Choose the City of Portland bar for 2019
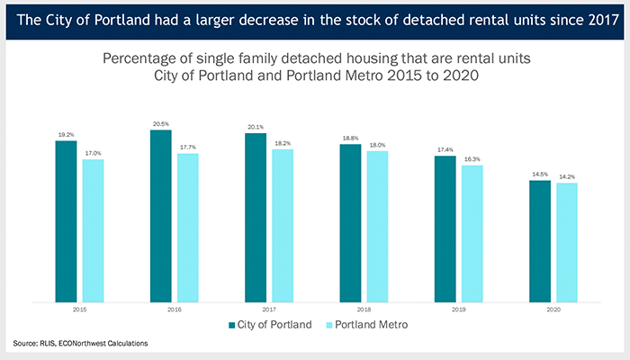[x=445, y=229]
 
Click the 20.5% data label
[x=161, y=124]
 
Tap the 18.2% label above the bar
[x=283, y=143]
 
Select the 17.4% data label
[x=445, y=150]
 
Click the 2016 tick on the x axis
[x=174, y=309]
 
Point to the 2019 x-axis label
[x=458, y=309]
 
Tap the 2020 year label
[x=553, y=309]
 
